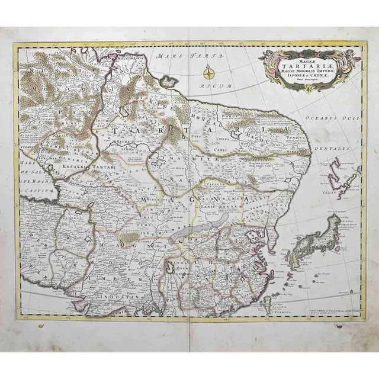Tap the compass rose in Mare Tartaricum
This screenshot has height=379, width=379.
click(x=209, y=73)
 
